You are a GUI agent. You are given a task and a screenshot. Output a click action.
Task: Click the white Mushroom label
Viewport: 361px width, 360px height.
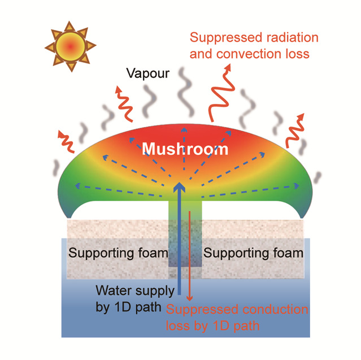(185, 149)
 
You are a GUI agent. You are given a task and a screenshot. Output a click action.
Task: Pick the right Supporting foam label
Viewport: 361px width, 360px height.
(253, 253)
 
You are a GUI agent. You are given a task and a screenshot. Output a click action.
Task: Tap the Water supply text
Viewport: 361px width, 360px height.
(132, 291)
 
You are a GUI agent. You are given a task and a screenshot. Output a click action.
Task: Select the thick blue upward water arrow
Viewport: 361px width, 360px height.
(179, 237)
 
